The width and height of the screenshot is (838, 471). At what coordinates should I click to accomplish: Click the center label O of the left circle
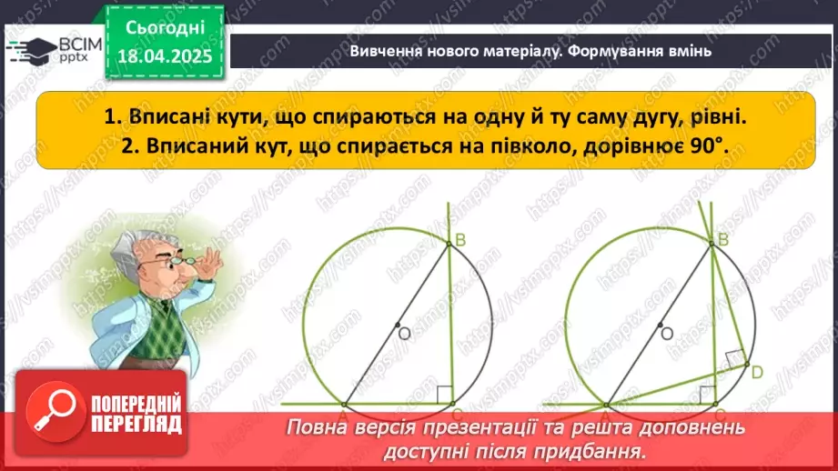tap(405, 334)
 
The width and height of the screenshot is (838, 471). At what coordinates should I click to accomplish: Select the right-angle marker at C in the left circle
tap(444, 395)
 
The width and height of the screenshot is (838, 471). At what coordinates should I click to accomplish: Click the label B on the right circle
tap(725, 240)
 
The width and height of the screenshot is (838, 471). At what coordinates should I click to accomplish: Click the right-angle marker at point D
tap(735, 359)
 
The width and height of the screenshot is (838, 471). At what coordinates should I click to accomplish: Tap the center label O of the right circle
tap(666, 334)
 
